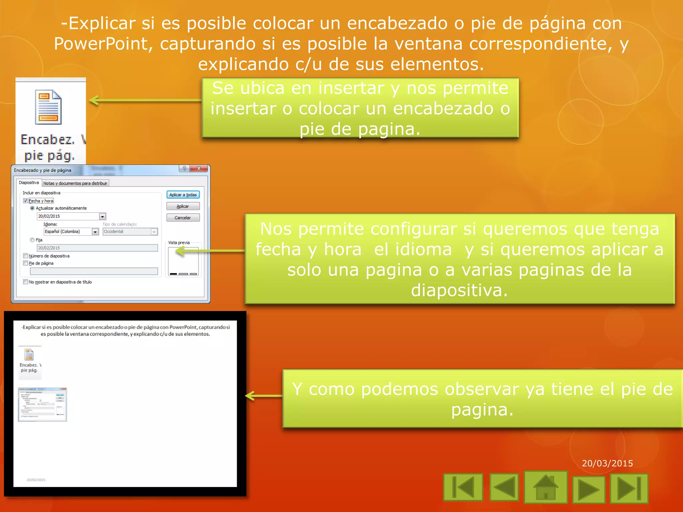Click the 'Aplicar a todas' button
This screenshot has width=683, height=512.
tap(183, 195)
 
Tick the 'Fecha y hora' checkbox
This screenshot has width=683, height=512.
tap(26, 201)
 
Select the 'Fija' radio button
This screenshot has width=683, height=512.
tap(32, 240)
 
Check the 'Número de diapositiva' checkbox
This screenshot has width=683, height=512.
tap(26, 256)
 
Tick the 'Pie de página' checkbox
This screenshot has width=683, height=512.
tap(26, 263)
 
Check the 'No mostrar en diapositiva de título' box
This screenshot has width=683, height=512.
tap(26, 282)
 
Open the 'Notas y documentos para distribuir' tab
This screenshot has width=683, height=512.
tap(75, 183)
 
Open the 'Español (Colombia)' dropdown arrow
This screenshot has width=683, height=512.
tap(95, 232)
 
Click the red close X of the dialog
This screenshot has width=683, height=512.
tap(199, 169)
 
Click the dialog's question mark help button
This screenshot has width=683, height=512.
tap(184, 169)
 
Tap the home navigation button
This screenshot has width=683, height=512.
tap(546, 487)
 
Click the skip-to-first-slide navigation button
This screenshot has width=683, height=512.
tap(463, 487)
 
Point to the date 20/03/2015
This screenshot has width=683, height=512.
tap(607, 463)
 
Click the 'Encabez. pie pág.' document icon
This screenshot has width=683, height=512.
tap(48, 107)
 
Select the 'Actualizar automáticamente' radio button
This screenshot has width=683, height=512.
tap(32, 208)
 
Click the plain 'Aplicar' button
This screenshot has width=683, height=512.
tap(183, 206)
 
